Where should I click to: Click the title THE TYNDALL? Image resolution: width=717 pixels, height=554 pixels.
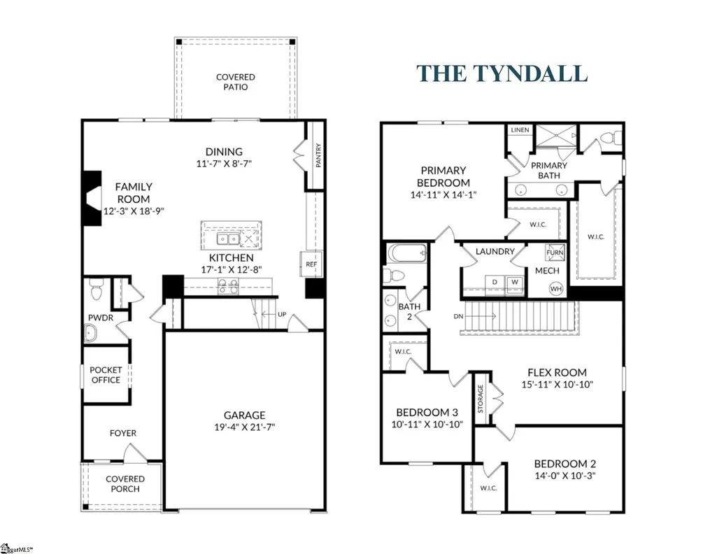(x=502, y=74)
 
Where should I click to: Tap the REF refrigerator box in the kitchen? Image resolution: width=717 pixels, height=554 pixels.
(x=311, y=264)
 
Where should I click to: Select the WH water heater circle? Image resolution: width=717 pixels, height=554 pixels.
(x=556, y=289)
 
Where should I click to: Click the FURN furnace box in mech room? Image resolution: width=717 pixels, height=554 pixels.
(x=555, y=253)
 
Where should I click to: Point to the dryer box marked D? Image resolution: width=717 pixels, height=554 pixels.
(x=495, y=282)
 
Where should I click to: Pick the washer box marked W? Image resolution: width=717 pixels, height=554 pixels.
(x=515, y=282)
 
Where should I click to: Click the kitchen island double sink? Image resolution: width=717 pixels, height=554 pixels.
(x=228, y=239)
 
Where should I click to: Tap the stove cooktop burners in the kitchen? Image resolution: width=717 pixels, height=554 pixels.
(x=228, y=286)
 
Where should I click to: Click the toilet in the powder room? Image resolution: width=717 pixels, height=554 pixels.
(x=96, y=289)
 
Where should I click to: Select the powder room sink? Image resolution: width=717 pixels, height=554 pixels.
(x=90, y=333)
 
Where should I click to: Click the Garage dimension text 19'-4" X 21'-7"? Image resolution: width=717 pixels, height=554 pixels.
(x=245, y=427)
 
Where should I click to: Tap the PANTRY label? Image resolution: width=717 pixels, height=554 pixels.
(x=318, y=155)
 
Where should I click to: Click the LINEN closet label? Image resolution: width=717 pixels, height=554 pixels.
(x=520, y=130)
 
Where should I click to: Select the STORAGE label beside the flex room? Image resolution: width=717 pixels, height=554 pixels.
(x=480, y=399)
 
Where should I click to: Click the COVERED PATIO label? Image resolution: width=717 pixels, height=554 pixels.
(x=236, y=83)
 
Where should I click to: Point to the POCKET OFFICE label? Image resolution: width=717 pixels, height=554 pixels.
(x=106, y=375)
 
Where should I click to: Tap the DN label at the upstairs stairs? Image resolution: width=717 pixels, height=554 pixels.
(x=458, y=316)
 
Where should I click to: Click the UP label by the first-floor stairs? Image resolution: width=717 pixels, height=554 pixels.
(x=282, y=314)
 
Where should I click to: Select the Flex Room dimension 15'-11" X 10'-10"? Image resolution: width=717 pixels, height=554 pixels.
(x=557, y=385)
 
